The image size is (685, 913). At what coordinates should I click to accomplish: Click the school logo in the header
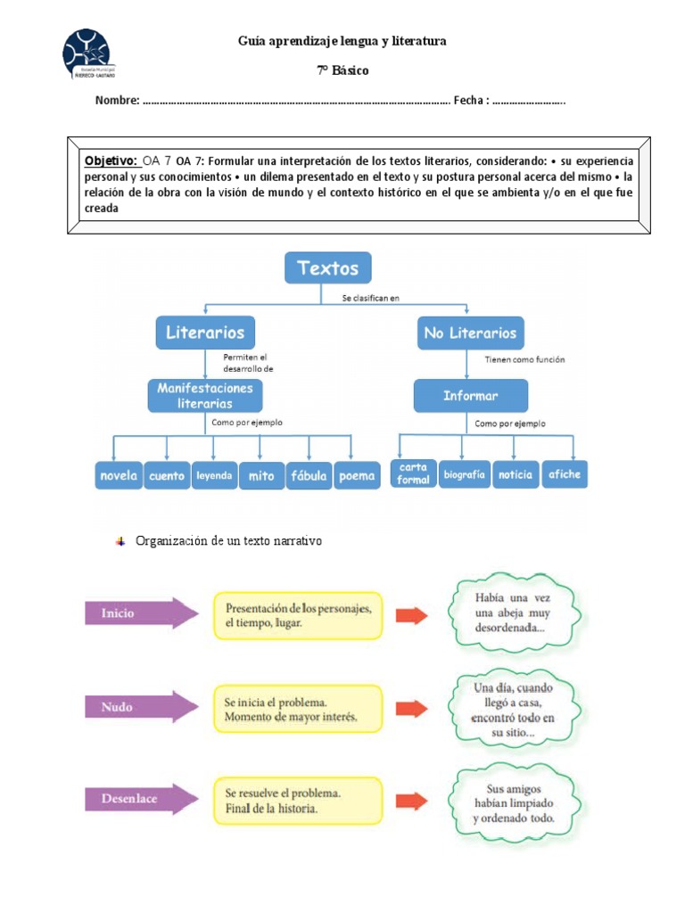coord(87,54)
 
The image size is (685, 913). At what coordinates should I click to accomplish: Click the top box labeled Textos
coord(327,267)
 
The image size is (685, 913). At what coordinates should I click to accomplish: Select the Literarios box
coord(205,333)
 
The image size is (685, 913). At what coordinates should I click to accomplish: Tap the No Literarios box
coord(470,333)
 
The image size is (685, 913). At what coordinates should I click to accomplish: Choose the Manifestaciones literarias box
coord(205,395)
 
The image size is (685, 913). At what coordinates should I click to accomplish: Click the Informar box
coord(470,395)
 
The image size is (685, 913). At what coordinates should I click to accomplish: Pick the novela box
coord(118,475)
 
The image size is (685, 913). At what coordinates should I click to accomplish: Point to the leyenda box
coord(214,475)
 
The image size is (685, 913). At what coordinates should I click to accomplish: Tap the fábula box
coord(309,475)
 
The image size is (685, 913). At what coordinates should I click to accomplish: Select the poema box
coord(357,475)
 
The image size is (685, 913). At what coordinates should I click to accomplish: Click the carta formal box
coord(413,473)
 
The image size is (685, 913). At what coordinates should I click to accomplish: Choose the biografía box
coord(463,474)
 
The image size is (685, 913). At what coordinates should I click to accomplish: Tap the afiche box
coord(565,473)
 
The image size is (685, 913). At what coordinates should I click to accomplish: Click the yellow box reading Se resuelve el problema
coord(297,800)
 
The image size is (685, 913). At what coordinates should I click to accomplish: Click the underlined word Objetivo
coord(111,160)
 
